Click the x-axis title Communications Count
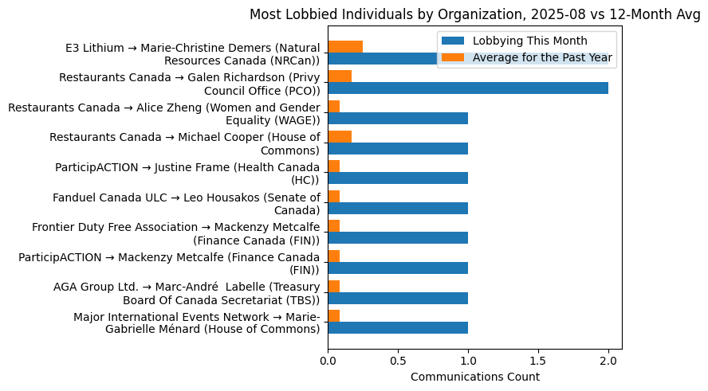[x=474, y=377]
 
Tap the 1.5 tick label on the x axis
[x=538, y=361]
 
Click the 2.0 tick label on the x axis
[x=608, y=361]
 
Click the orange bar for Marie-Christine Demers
[x=345, y=46]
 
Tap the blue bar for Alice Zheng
[x=398, y=119]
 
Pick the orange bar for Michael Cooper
[x=340, y=136]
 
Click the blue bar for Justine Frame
[x=398, y=178]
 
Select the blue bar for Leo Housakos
[x=398, y=208]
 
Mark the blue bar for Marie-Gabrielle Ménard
[x=398, y=327]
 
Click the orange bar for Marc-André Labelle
[x=334, y=286]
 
